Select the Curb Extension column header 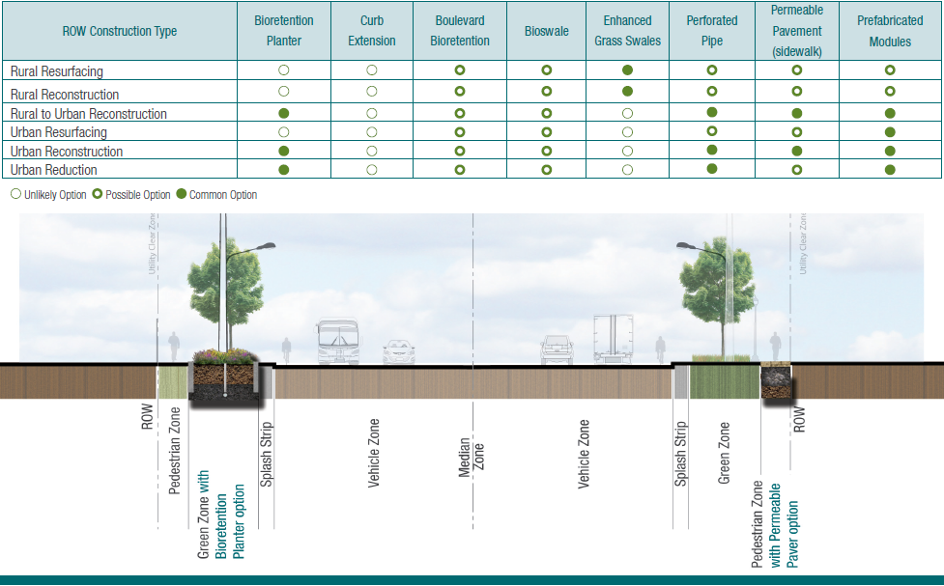pyautogui.click(x=372, y=31)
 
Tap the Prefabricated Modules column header pyautogui.click(x=890, y=31)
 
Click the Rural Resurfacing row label pyautogui.click(x=57, y=71)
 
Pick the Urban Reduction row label pyautogui.click(x=54, y=170)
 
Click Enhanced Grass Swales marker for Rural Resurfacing pyautogui.click(x=628, y=70)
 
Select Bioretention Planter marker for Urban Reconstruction pyautogui.click(x=284, y=151)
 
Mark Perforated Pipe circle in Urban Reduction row pyautogui.click(x=712, y=169)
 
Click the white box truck pyautogui.click(x=613, y=338)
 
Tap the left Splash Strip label pyautogui.click(x=267, y=454)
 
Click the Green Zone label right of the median pyautogui.click(x=725, y=454)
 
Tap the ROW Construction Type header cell pyautogui.click(x=120, y=31)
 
